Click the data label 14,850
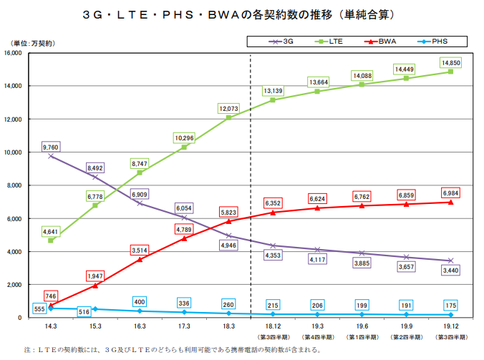click(x=450, y=63)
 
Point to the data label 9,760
click(x=50, y=147)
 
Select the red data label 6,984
click(x=450, y=194)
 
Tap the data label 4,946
click(x=228, y=245)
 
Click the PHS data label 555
click(x=40, y=308)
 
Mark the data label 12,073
click(x=228, y=108)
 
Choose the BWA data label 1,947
click(x=95, y=276)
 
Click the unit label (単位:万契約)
click(x=33, y=43)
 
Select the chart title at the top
click(x=241, y=14)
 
